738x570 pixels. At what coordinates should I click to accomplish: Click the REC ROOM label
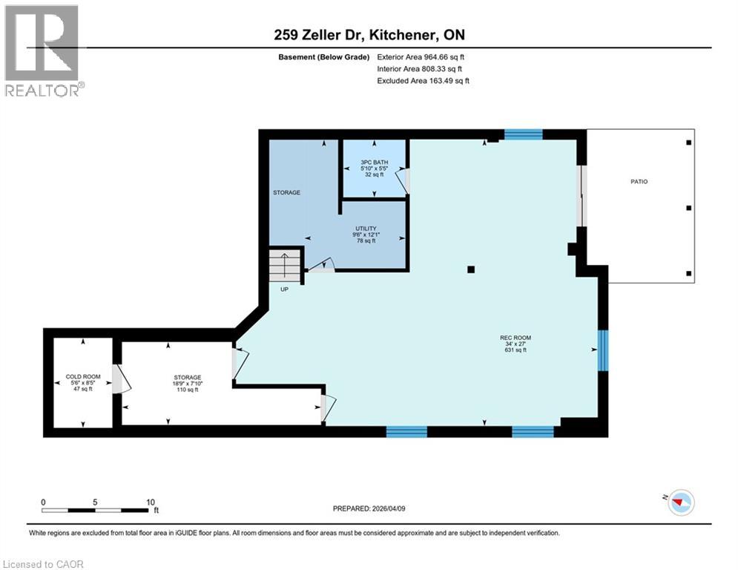pos(515,338)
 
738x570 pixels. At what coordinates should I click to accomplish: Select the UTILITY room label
pos(366,228)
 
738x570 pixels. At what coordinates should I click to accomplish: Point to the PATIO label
pos(639,181)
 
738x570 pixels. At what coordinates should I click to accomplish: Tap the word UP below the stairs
pos(284,289)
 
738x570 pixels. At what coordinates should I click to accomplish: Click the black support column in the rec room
pos(470,269)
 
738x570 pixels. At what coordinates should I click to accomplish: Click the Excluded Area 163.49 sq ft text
pos(423,81)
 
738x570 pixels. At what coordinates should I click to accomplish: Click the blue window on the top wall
pos(524,134)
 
